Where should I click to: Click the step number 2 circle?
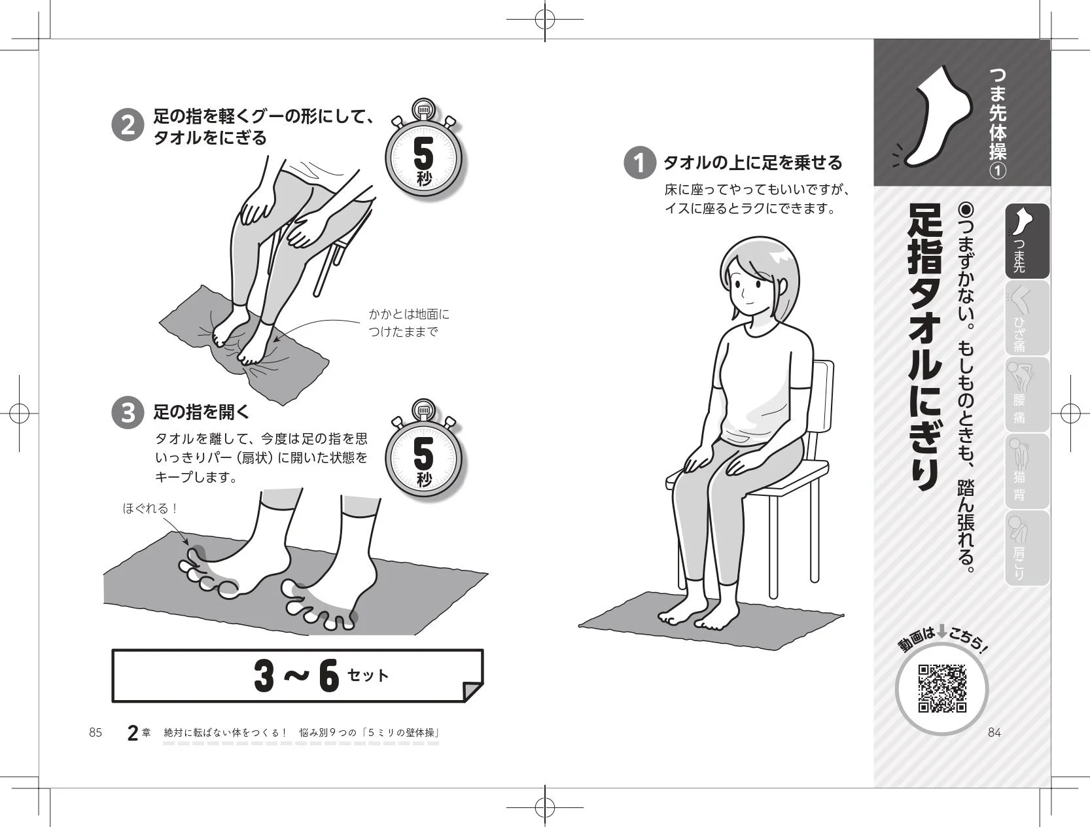coord(128,124)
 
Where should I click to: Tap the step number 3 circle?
coord(128,413)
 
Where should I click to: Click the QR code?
coord(942,688)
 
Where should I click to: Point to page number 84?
coord(994,732)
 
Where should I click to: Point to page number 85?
coord(96,732)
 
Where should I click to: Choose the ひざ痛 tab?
coord(1027,319)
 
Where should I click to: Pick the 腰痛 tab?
coord(1027,395)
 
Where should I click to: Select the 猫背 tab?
coord(1027,471)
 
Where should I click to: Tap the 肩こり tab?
coord(1027,548)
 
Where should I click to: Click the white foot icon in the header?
coord(937,118)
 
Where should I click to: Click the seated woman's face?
coord(752,289)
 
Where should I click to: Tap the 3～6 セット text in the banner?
coord(321,675)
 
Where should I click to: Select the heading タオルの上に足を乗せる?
coord(752,162)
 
